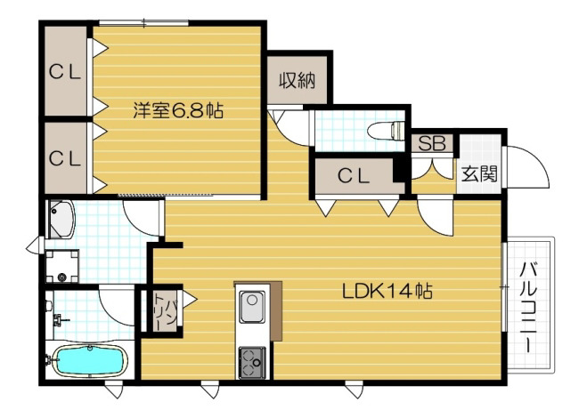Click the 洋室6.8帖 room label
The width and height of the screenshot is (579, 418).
[178, 111]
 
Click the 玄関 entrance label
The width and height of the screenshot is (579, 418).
[473, 173]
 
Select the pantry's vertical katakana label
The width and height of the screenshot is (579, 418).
[161, 311]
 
